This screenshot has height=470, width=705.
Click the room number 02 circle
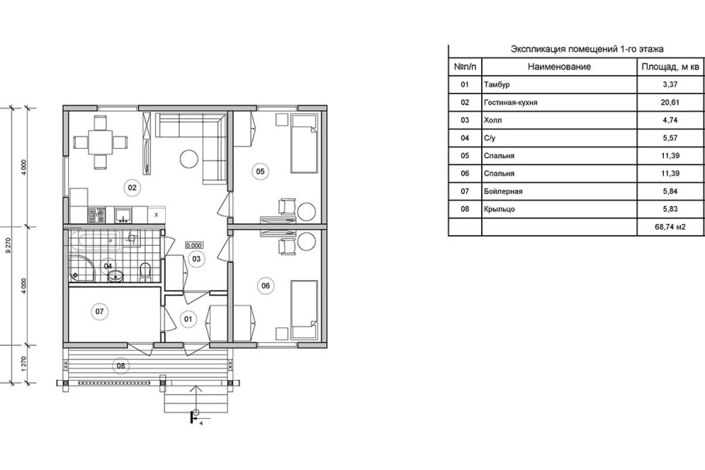tap(132, 187)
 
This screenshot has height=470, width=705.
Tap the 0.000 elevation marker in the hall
tap(194, 246)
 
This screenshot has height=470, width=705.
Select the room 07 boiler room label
tap(99, 312)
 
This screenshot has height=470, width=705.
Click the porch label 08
tap(121, 365)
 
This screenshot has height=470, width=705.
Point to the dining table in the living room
tap(100, 142)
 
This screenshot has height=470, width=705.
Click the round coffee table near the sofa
tap(189, 158)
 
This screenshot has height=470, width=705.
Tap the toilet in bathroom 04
tap(145, 272)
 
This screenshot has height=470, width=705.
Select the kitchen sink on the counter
tap(123, 215)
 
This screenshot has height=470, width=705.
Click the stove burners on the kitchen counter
tap(97, 215)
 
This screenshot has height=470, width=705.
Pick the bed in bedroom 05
tap(304, 143)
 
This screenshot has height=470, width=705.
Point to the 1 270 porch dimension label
tap(24, 364)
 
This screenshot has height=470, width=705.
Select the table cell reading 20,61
tap(670, 102)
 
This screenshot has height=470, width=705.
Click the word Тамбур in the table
tap(497, 85)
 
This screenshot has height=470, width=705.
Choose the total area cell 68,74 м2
tap(670, 227)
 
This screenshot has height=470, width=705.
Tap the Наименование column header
tap(559, 67)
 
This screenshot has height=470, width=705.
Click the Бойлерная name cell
tap(503, 192)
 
